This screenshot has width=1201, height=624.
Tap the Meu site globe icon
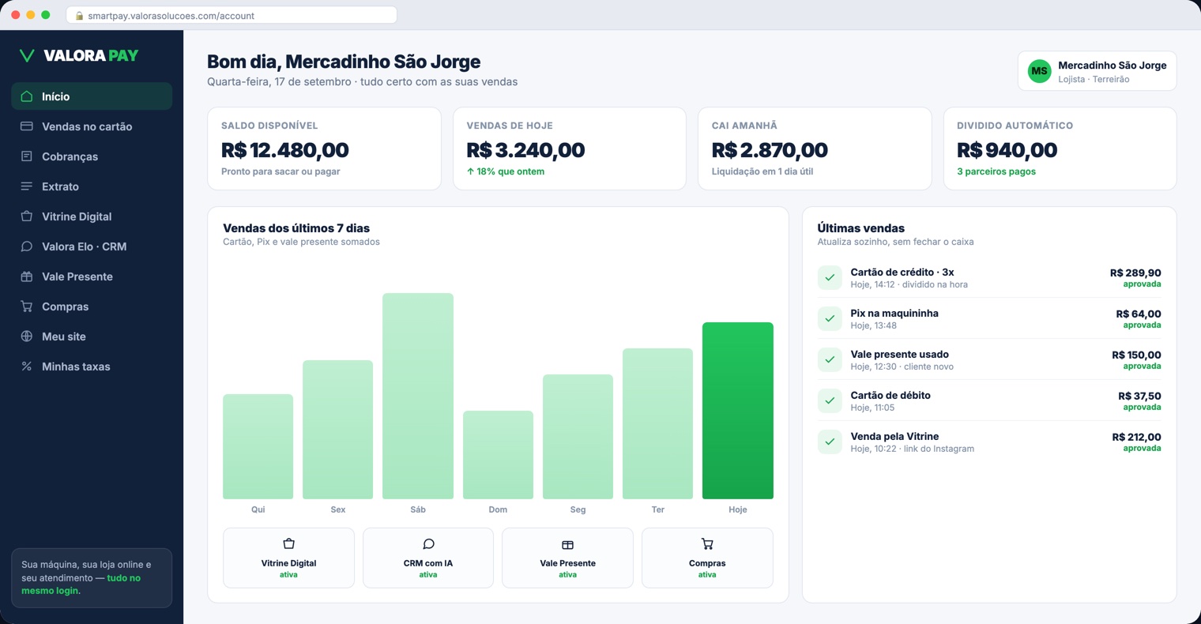[26, 336]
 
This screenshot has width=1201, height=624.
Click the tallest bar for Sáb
[418, 396]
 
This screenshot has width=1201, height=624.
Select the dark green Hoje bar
[738, 411]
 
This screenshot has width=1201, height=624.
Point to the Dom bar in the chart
[498, 455]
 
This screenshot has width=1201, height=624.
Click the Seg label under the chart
[578, 509]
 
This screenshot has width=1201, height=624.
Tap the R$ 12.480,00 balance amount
[284, 150]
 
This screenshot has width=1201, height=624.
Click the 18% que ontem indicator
[506, 171]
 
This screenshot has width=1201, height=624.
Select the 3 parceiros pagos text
[996, 171]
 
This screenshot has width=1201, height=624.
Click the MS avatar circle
[1039, 71]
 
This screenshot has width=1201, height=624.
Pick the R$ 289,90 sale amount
[1135, 273]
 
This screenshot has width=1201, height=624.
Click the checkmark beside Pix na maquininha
[830, 318]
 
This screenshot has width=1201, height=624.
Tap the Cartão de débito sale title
[890, 395]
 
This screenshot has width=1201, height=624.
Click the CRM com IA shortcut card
[428, 558]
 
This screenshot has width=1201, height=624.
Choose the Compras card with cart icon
[707, 558]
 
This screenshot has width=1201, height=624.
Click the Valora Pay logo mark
[27, 55]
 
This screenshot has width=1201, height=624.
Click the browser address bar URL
[171, 16]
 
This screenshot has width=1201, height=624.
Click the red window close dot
[16, 15]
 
